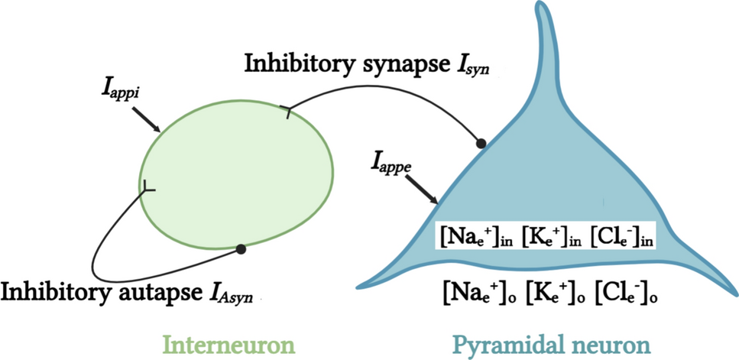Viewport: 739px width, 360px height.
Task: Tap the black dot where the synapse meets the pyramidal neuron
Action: pos(481,142)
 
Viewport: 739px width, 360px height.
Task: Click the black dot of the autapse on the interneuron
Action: pos(241,248)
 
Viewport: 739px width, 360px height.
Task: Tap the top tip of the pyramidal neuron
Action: pos(542,9)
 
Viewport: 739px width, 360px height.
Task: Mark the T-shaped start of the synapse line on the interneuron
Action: pos(288,113)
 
